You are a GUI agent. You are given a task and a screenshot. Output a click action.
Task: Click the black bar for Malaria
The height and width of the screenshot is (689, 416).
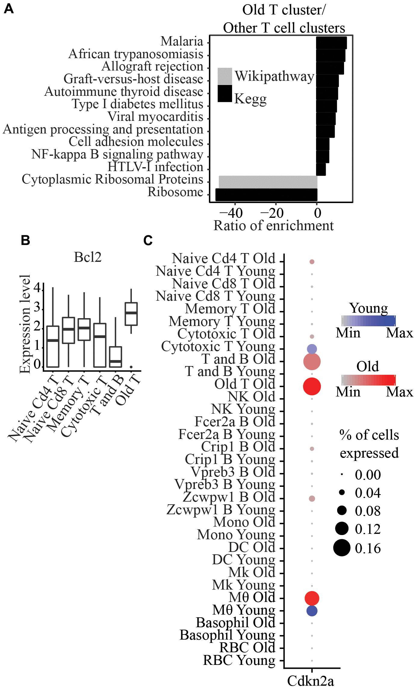coord(331,43)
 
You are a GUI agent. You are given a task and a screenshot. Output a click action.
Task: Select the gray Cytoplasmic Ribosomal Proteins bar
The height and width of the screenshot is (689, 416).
coord(268,182)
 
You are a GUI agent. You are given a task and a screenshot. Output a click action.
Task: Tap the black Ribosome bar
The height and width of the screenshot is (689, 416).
coord(266,195)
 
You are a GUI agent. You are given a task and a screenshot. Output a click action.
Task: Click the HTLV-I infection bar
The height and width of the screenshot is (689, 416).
coord(321,169)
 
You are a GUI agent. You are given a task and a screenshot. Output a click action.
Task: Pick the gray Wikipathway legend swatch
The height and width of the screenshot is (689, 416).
coord(225,76)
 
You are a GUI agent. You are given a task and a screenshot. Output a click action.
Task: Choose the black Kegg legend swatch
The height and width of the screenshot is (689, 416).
coord(225,93)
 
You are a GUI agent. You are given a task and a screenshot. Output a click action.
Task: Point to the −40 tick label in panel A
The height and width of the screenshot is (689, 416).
coord(231,213)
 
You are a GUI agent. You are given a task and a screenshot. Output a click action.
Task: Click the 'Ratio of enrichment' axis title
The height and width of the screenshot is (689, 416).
coord(273,226)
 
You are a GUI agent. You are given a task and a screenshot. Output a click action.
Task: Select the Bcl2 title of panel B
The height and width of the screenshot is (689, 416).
coord(88,257)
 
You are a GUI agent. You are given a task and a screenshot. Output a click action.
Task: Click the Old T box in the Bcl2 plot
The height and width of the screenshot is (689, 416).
coord(131,314)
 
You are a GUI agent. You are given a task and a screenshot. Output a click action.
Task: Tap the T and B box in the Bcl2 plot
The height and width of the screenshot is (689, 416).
coord(116,357)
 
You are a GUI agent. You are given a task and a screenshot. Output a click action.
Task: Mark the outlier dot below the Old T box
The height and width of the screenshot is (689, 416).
coord(131,367)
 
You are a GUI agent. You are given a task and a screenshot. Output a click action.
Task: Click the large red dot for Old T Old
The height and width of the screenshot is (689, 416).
coord(312,386)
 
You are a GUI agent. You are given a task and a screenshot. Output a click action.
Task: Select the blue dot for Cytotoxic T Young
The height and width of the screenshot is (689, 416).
coord(312,349)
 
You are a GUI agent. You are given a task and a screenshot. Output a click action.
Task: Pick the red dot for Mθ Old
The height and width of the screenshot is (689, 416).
coord(312,598)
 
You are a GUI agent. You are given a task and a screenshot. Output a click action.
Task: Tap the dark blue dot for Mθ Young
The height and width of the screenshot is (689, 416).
coord(312,611)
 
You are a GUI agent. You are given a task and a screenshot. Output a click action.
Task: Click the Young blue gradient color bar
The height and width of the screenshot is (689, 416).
coord(368,321)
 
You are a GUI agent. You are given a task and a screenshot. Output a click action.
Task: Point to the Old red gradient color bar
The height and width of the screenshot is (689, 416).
coord(368,380)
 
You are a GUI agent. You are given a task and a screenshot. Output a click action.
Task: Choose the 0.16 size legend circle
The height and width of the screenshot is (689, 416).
coord(342,548)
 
